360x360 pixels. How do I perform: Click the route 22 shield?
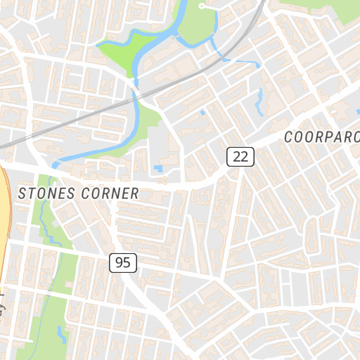click(x=240, y=156)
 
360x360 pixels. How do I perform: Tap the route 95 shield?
click(x=123, y=263)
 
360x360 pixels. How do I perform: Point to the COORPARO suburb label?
click(x=322, y=136)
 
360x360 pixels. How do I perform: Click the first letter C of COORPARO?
click(x=289, y=137)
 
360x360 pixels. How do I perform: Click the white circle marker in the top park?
click(x=202, y=6)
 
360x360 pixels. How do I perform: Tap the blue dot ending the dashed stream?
click(x=258, y=65)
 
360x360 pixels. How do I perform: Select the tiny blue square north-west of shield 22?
click(x=203, y=112)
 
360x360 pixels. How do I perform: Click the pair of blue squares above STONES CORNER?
click(x=158, y=169)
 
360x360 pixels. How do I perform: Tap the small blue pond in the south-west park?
click(x=61, y=333)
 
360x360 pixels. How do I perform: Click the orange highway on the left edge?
click(x=4, y=211)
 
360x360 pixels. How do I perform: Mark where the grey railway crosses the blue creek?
click(x=136, y=94)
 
